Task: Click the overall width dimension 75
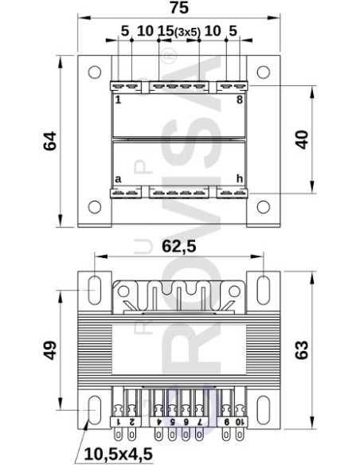(176, 9)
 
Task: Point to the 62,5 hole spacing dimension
(179, 248)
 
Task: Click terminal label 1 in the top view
(117, 100)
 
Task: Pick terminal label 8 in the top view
(239, 100)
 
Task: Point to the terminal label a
(118, 179)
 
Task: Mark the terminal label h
(238, 179)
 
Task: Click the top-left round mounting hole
(95, 70)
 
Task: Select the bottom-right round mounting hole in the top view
(261, 209)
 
